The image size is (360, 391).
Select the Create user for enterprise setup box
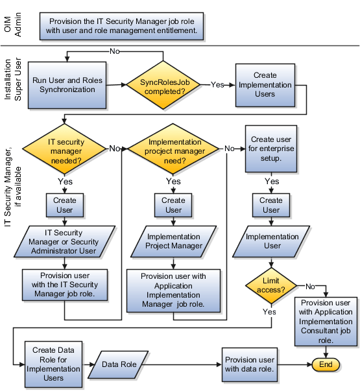pos(271,148)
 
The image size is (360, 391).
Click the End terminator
pos(326,364)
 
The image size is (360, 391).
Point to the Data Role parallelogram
pos(119,364)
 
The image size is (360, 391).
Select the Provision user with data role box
pos(248,364)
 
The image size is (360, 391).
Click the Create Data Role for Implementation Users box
pos(53,364)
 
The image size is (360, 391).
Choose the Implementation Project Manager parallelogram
pos(173,241)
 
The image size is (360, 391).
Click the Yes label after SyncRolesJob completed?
pos(218,85)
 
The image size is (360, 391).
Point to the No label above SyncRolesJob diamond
pos(114,51)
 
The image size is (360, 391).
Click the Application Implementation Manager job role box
pos(173,289)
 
